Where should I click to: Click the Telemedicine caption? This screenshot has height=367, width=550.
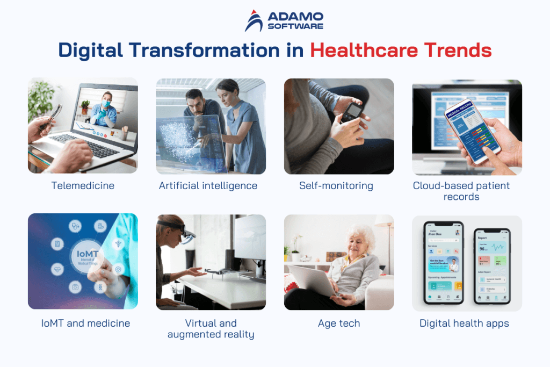(83, 186)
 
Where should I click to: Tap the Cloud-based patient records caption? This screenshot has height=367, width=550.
(461, 191)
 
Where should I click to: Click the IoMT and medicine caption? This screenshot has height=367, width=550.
(83, 323)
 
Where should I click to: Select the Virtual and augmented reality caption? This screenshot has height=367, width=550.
(211, 329)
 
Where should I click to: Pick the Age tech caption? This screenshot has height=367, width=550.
(338, 323)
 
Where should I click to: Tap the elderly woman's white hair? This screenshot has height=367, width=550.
(359, 234)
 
